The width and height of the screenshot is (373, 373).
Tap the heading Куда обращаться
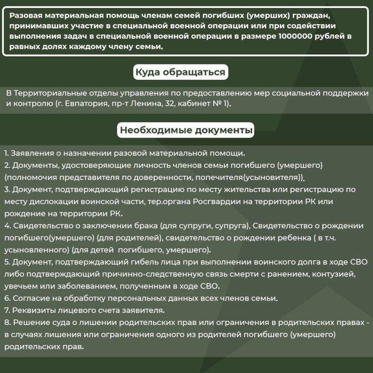180,72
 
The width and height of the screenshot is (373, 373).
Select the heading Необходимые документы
186,130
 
